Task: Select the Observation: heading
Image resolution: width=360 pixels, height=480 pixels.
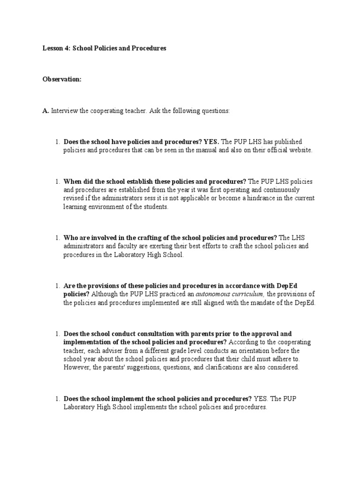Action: (62, 80)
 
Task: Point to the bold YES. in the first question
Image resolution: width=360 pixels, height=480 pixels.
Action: (211, 142)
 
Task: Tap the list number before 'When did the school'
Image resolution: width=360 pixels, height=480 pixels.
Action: (56, 181)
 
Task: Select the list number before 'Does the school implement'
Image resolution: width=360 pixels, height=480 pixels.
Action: (56, 399)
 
